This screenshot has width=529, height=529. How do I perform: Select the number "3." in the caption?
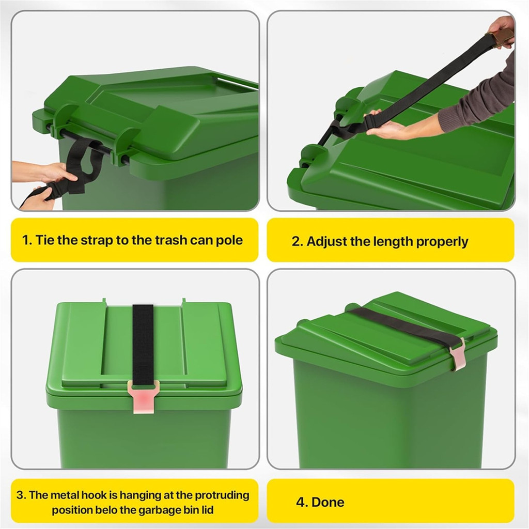(x=21, y=495)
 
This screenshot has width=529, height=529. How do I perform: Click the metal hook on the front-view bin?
(x=143, y=395)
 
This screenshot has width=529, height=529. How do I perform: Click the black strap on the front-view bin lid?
(x=143, y=341)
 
